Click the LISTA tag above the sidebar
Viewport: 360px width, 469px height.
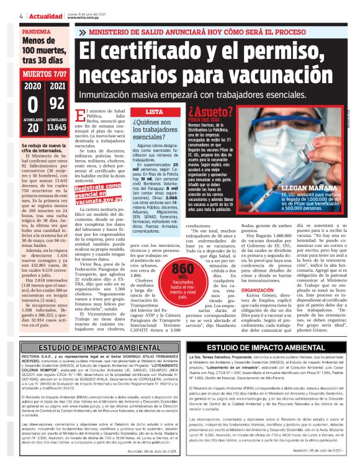[x=153, y=112]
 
